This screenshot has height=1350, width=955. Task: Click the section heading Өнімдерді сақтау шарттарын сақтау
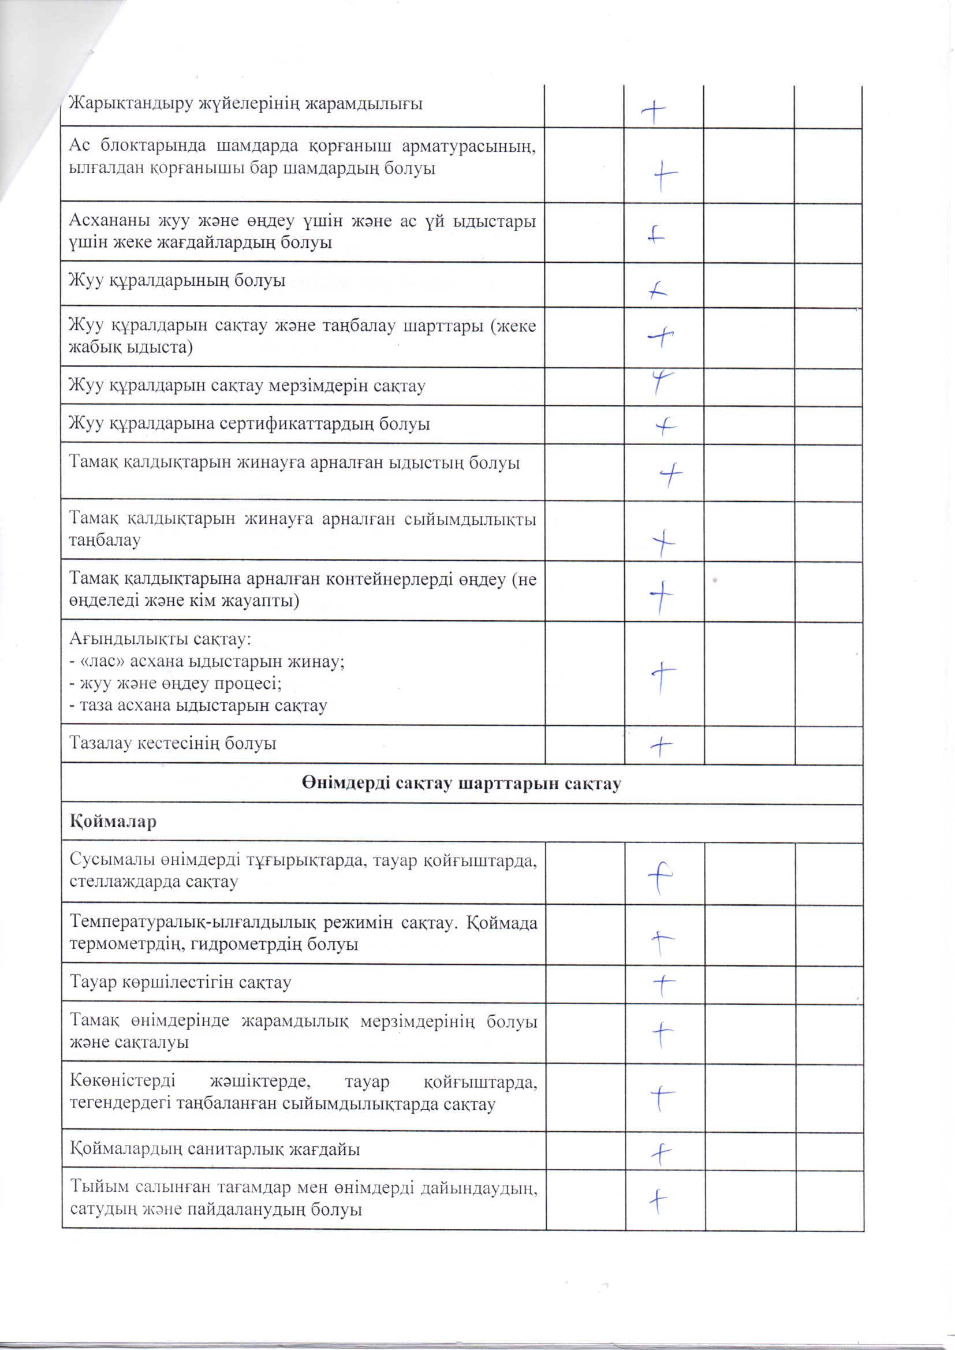tap(462, 784)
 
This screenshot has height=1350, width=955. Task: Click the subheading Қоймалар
tap(113, 822)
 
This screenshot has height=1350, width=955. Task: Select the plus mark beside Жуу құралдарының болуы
tap(659, 290)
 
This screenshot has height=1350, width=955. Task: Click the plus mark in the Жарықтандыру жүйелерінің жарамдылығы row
tap(655, 110)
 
